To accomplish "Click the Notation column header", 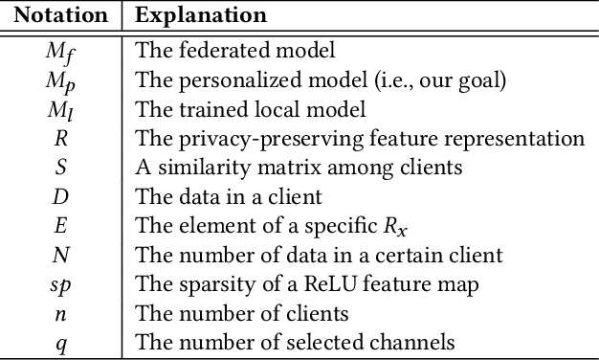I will click(x=61, y=16).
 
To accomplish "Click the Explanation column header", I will click(x=201, y=16).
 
